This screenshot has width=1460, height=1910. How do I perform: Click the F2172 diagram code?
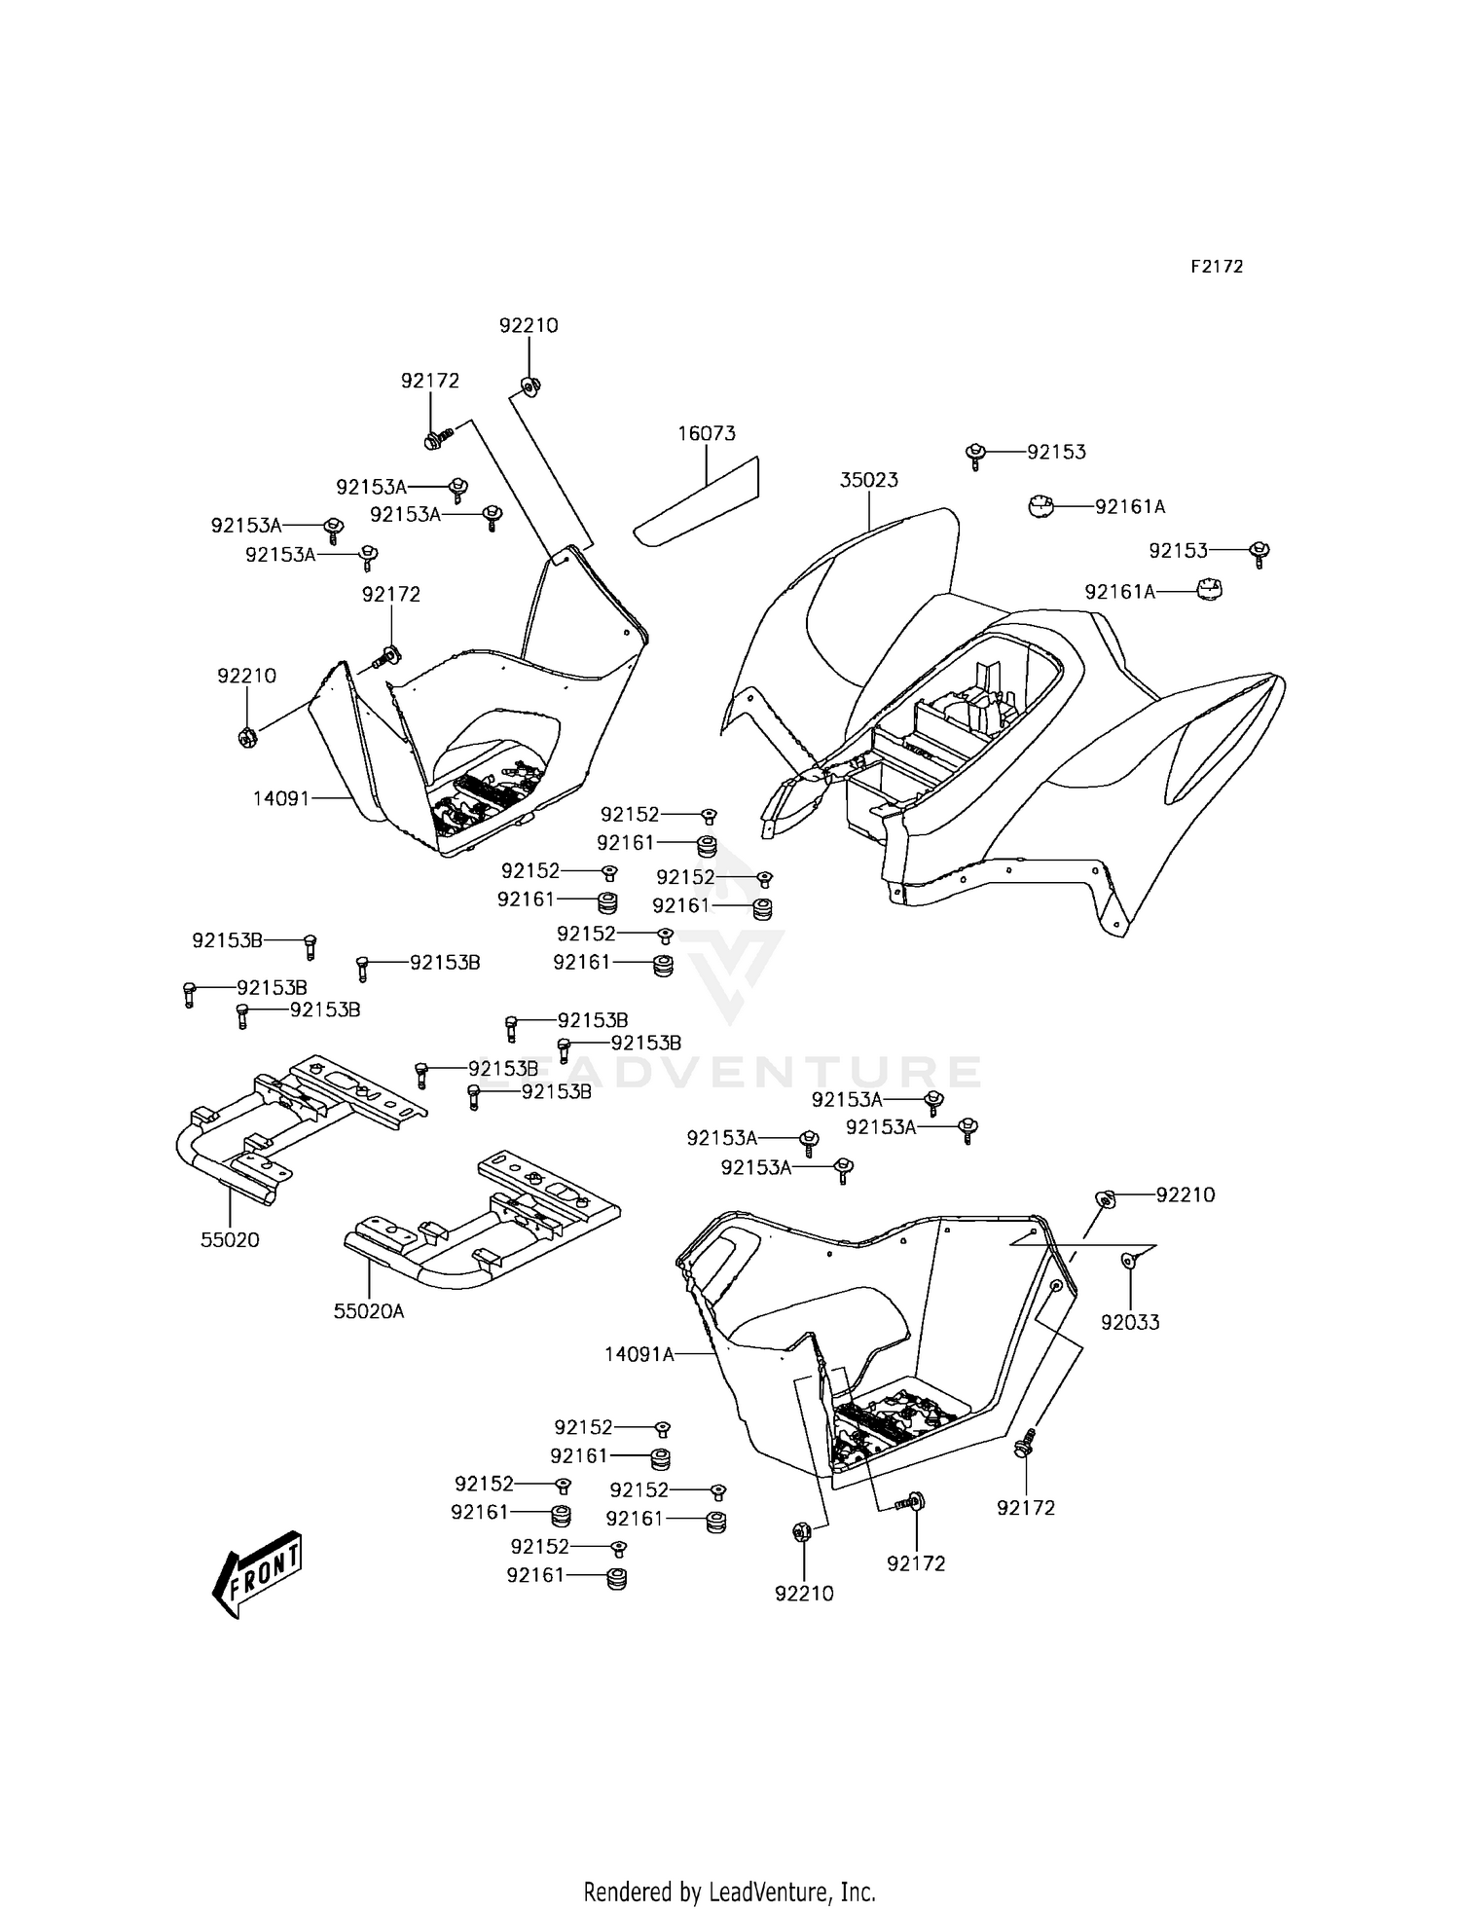coord(1217,267)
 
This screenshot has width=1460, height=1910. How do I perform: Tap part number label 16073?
coord(707,433)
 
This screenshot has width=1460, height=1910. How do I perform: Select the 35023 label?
coord(869,480)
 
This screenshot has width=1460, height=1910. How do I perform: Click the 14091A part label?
coord(639,1353)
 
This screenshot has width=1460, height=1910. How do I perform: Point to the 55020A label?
coord(369,1311)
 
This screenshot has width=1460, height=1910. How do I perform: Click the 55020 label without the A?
coord(231,1240)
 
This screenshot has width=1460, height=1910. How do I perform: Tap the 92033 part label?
coord(1130,1323)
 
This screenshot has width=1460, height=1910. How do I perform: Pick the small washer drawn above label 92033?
coord(1128,1262)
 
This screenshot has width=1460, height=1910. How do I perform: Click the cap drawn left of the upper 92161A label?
coord(1040,506)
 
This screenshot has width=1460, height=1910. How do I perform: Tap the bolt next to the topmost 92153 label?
coord(975,454)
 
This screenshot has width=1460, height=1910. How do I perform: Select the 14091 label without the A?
coord(280,798)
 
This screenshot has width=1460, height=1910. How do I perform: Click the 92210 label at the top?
coord(529,325)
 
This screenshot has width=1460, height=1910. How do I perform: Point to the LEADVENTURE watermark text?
coord(730,1071)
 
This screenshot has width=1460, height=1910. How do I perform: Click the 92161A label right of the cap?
coord(1130,506)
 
